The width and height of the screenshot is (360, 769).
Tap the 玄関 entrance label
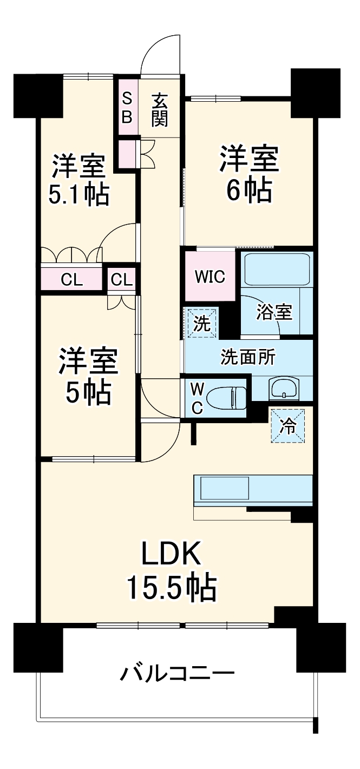pyautogui.click(x=159, y=110)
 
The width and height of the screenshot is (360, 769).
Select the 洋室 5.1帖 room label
pyautogui.click(x=78, y=180)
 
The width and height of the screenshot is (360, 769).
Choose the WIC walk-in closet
pyautogui.click(x=210, y=277)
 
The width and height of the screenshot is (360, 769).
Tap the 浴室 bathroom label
pyautogui.click(x=274, y=312)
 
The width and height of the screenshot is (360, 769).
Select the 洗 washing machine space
pyautogui.click(x=201, y=324)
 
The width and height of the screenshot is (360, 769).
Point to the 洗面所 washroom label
pyautogui.click(x=248, y=357)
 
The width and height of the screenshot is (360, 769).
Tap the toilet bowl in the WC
pyautogui.click(x=227, y=398)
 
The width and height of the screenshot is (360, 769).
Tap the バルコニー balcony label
pyautogui.click(x=177, y=674)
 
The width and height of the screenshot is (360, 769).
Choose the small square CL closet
pyautogui.click(x=121, y=279)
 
